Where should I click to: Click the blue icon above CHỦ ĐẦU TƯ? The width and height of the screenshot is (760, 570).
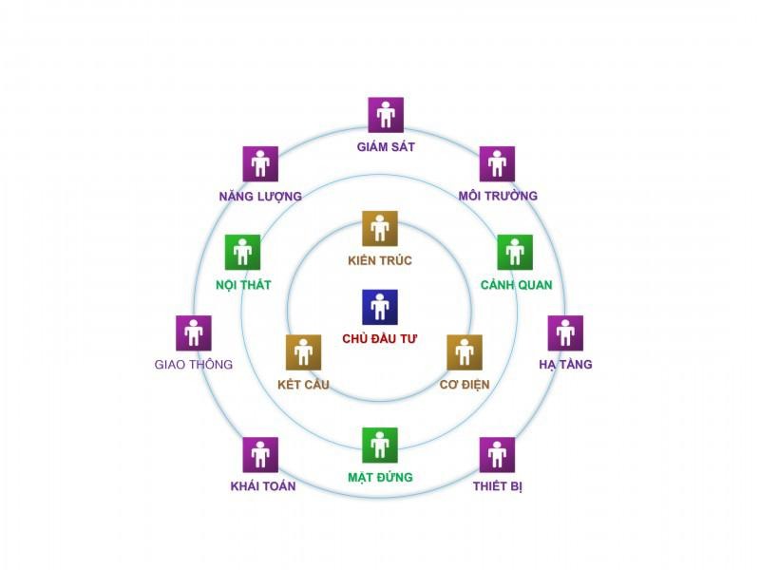point(380,307)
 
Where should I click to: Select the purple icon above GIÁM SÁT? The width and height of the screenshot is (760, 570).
point(386,115)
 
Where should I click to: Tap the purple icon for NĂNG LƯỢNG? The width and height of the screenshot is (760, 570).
point(260,163)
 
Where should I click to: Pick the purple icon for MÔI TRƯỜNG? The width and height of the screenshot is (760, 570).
point(497,163)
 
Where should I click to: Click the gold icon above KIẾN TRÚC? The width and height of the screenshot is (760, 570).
point(380,229)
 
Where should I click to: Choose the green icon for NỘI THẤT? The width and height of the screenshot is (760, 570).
point(242,253)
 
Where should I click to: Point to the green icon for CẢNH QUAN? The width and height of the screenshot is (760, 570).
point(515,253)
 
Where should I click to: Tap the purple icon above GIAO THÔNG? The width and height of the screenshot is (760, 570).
point(194,333)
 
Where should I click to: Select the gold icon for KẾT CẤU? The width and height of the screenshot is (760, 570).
point(303,352)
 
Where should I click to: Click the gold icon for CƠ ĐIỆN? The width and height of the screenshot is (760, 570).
point(465,352)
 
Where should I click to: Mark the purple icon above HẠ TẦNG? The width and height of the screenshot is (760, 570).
point(565,333)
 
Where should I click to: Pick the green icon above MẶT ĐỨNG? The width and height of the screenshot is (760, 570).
point(380,446)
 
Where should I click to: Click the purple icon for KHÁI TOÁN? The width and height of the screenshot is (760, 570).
point(260,455)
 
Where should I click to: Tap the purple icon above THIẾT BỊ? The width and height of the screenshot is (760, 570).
point(497,455)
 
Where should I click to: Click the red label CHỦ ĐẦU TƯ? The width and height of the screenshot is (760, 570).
point(379,338)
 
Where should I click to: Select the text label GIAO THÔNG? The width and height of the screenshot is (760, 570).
point(194,364)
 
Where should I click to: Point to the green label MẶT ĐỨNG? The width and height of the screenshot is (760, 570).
point(381,478)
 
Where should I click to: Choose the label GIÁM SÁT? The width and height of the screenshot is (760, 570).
point(386,146)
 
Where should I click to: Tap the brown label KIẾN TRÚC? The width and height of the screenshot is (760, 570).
point(380,260)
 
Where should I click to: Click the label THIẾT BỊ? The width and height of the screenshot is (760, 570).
point(498,486)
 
